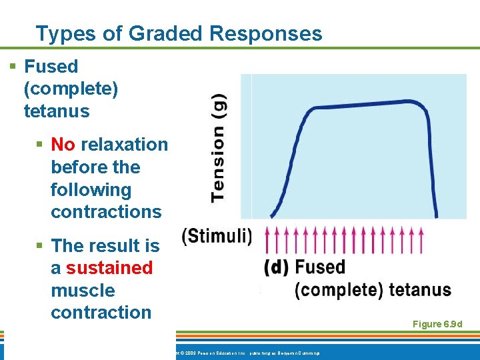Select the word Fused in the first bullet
(51, 67)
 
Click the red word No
(63, 145)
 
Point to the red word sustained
(109, 268)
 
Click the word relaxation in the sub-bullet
(125, 145)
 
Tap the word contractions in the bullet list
(106, 212)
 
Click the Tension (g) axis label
(218, 147)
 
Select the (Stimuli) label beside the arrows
(217, 237)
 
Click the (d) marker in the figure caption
(276, 268)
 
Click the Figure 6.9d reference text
(437, 324)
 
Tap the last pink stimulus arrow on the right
(421, 239)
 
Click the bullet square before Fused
(13, 67)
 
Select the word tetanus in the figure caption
(419, 291)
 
